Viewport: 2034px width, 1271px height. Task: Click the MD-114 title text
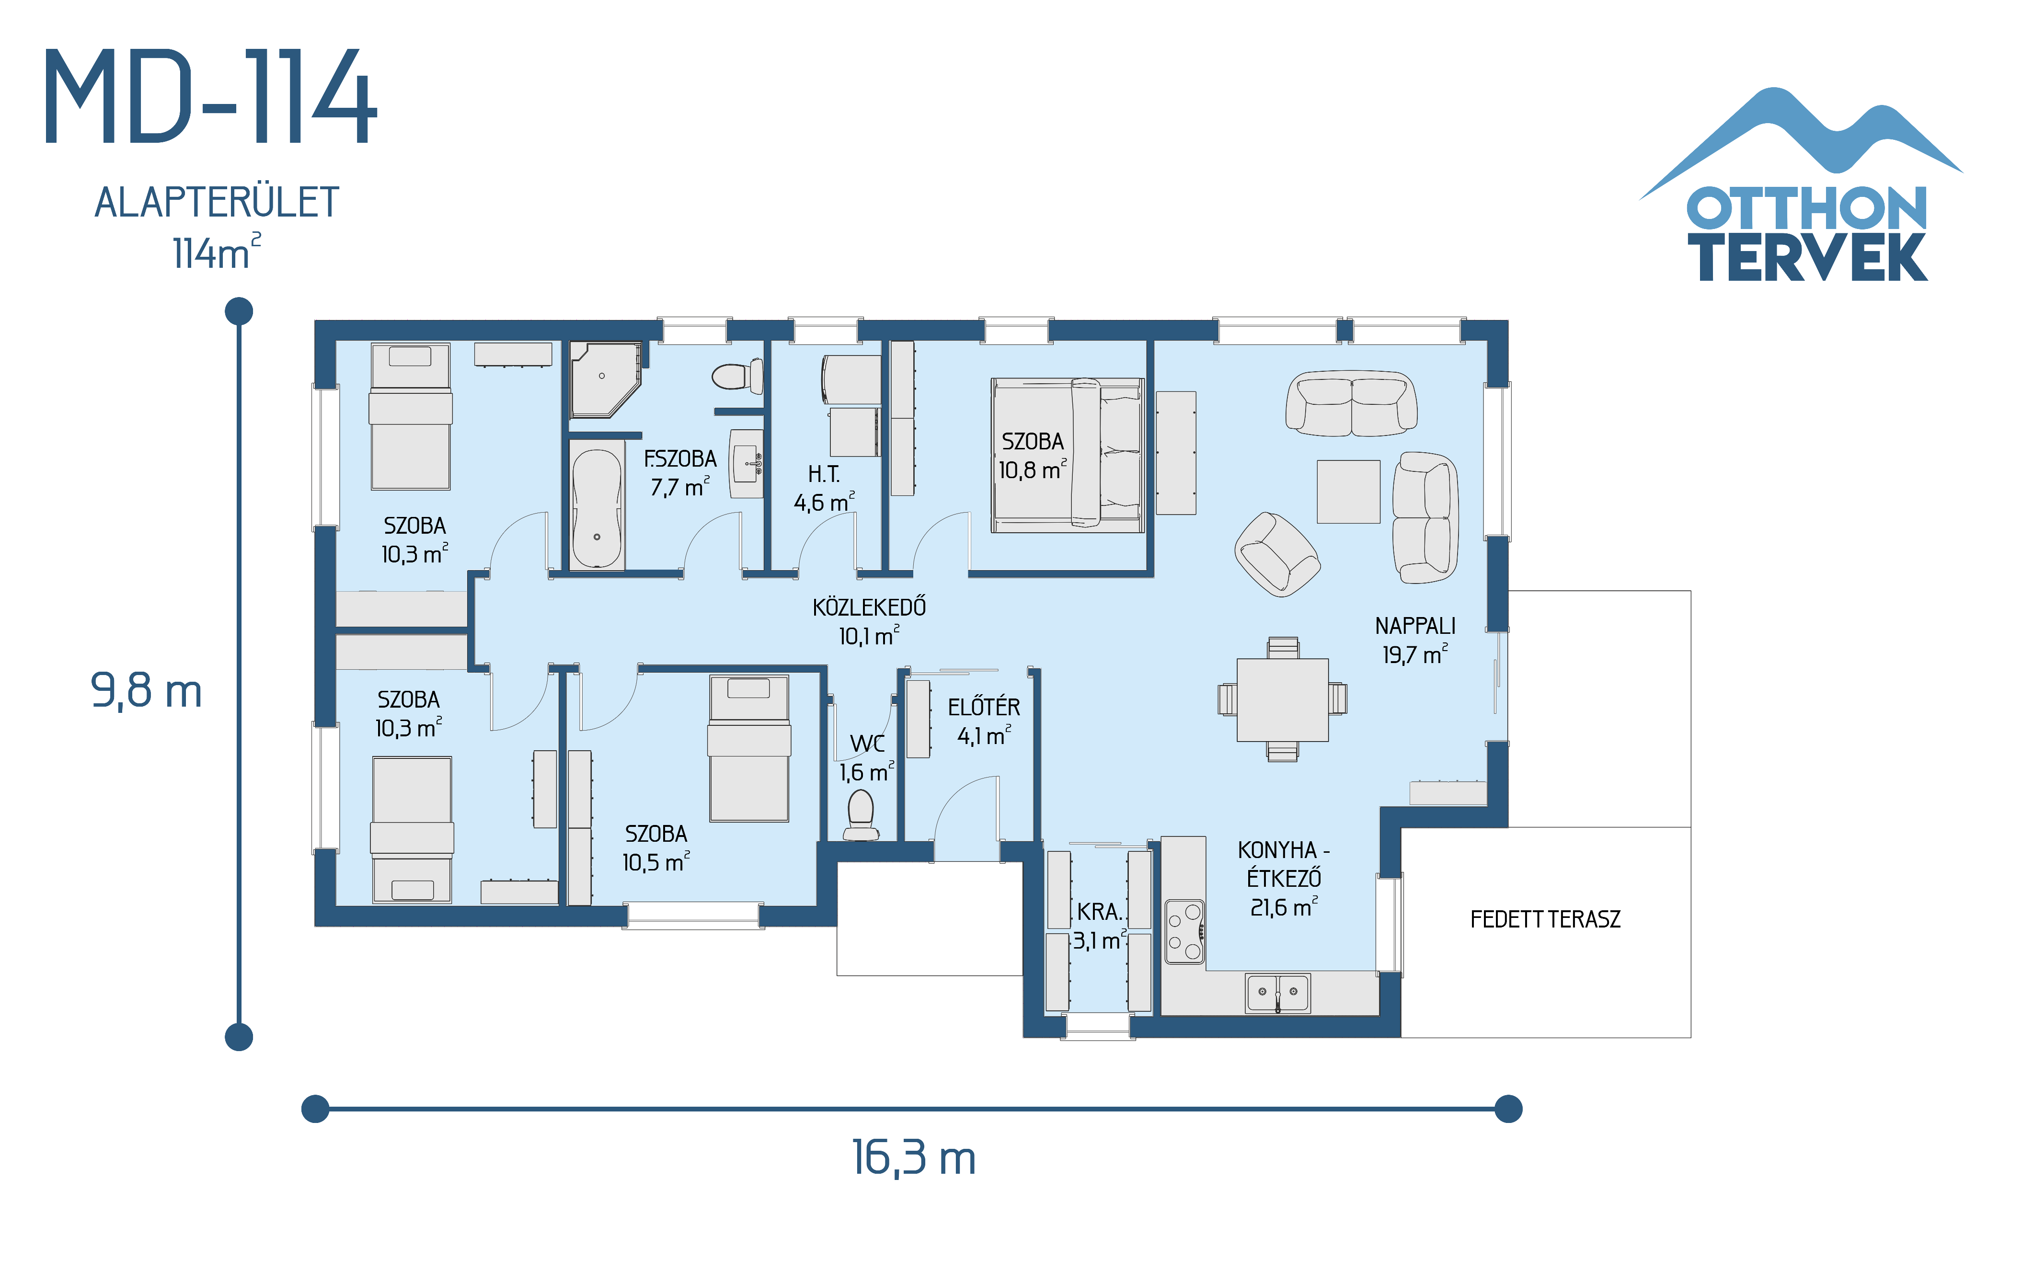[210, 97]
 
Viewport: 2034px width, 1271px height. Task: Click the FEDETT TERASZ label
[1545, 919]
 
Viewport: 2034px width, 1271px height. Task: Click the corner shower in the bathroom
[603, 378]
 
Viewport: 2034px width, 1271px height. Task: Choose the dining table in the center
[1282, 699]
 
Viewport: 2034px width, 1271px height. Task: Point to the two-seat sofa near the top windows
[1351, 403]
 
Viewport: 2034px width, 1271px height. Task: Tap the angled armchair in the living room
[1276, 555]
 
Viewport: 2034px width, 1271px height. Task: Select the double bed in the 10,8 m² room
[1068, 455]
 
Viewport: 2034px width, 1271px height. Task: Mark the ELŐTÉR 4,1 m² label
[983, 721]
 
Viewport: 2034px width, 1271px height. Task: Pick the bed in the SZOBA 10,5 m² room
[749, 748]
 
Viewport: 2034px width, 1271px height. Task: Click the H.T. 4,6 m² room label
[824, 488]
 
